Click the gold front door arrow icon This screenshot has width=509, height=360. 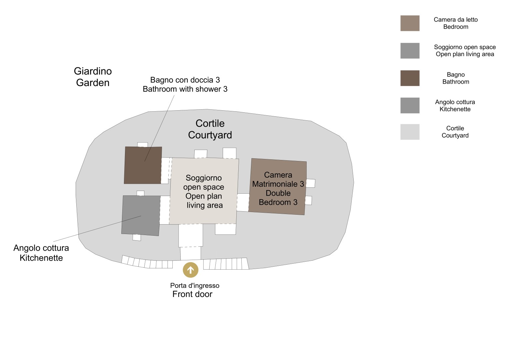(190, 270)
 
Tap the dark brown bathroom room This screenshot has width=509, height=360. (143, 165)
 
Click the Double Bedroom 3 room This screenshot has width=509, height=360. (278, 187)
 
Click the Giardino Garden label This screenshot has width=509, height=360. (93, 77)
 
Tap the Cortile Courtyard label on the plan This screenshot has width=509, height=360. (210, 129)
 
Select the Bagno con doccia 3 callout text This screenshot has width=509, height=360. (185, 84)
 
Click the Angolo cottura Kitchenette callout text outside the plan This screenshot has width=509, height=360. (41, 253)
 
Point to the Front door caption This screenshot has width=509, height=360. (192, 294)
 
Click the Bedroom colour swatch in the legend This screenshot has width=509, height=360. (410, 23)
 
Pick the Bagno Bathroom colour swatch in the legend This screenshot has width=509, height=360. (410, 78)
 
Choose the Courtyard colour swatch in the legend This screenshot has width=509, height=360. (410, 132)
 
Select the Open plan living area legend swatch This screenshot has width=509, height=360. (410, 51)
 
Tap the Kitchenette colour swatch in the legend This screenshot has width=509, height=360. (410, 105)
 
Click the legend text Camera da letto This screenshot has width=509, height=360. (455, 20)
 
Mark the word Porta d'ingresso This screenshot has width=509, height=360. (195, 285)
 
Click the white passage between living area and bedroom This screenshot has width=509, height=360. (243, 202)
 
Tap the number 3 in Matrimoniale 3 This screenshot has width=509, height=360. (302, 184)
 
